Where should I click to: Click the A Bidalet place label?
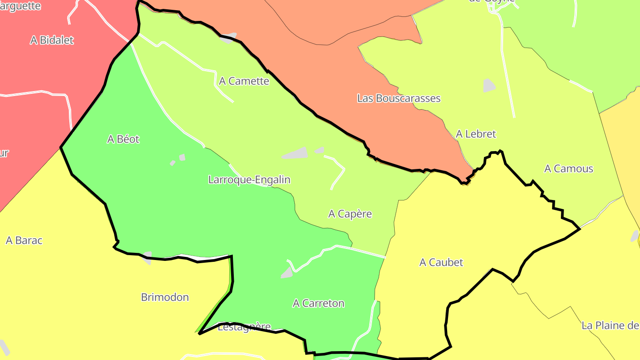pos(52,40)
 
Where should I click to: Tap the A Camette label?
pos(244,81)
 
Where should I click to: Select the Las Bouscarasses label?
pos(399,98)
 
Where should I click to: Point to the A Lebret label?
pos(476,134)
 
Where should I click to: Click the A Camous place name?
pos(568,168)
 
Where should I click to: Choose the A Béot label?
pos(123,139)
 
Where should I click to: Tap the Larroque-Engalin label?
pos(249,180)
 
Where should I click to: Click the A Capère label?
pos(350,214)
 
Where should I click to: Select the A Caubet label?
pos(441,262)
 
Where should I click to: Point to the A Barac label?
pos(24,240)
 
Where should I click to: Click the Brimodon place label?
pos(165,297)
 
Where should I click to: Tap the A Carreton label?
pos(318,303)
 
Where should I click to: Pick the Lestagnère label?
pos(244,327)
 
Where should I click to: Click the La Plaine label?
pos(610,326)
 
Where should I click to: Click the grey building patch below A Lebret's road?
pos(489,85)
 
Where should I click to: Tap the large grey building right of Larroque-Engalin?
pos(296,153)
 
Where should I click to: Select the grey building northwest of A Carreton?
pos(287,273)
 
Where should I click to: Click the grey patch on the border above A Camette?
pos(228,38)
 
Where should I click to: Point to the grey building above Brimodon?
pos(147,257)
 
